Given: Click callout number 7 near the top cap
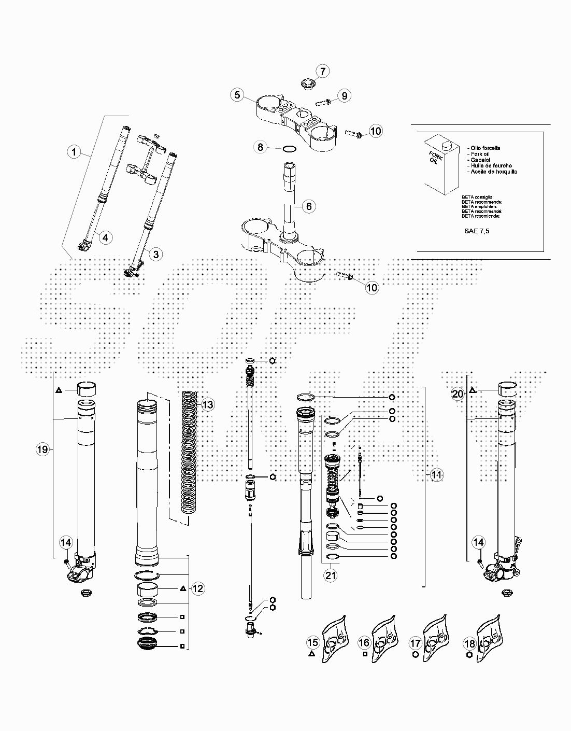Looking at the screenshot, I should point(321,71).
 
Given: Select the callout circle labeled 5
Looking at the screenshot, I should point(237,95).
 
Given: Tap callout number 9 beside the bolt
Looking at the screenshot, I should point(344,95).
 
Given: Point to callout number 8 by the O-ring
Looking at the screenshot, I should point(261,147).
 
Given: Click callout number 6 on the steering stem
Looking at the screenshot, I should point(308,206).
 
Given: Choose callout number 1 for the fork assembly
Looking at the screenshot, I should point(74,152).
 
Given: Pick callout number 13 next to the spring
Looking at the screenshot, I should point(207,404).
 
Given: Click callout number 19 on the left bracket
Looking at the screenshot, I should point(42,449).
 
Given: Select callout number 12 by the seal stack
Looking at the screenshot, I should point(198,588).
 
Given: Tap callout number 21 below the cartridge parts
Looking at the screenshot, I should point(331,574).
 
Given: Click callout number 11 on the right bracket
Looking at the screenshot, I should point(437,474).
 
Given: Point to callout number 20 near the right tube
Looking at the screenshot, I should point(458,395).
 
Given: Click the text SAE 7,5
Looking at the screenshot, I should point(476,231).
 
